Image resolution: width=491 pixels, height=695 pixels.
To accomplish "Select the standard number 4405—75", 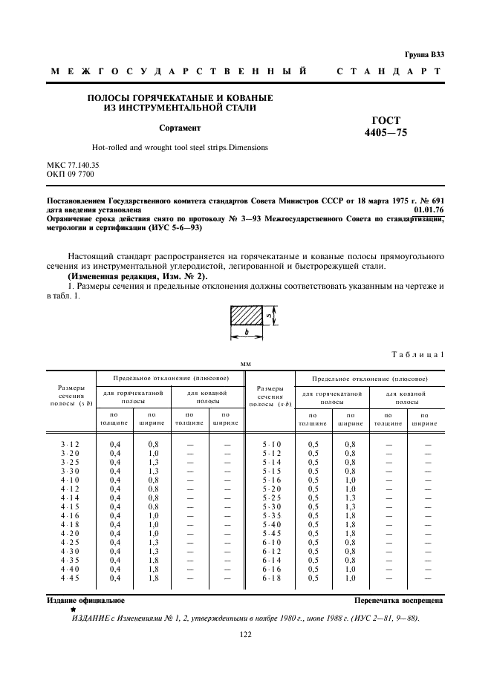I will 386,134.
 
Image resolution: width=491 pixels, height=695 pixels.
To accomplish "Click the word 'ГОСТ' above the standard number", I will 386,120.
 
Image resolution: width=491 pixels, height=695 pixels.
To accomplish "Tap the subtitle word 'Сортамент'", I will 180,128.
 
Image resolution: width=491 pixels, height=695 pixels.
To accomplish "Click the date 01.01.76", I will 429,211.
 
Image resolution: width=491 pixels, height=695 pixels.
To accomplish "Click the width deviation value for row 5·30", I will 350,506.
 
